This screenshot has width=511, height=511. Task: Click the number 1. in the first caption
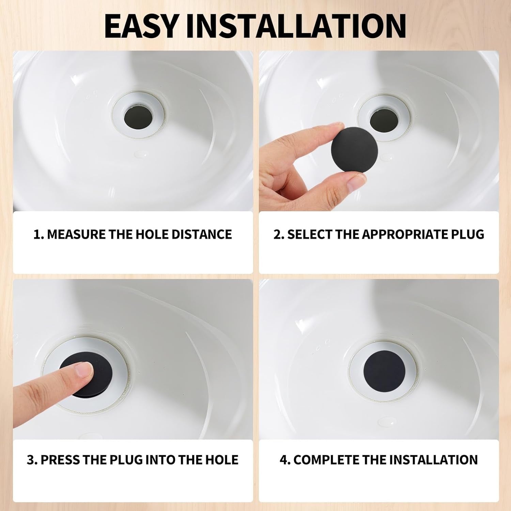point(38,234)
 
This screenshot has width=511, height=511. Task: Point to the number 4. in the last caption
point(285,460)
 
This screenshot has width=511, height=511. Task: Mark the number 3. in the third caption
point(32,460)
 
